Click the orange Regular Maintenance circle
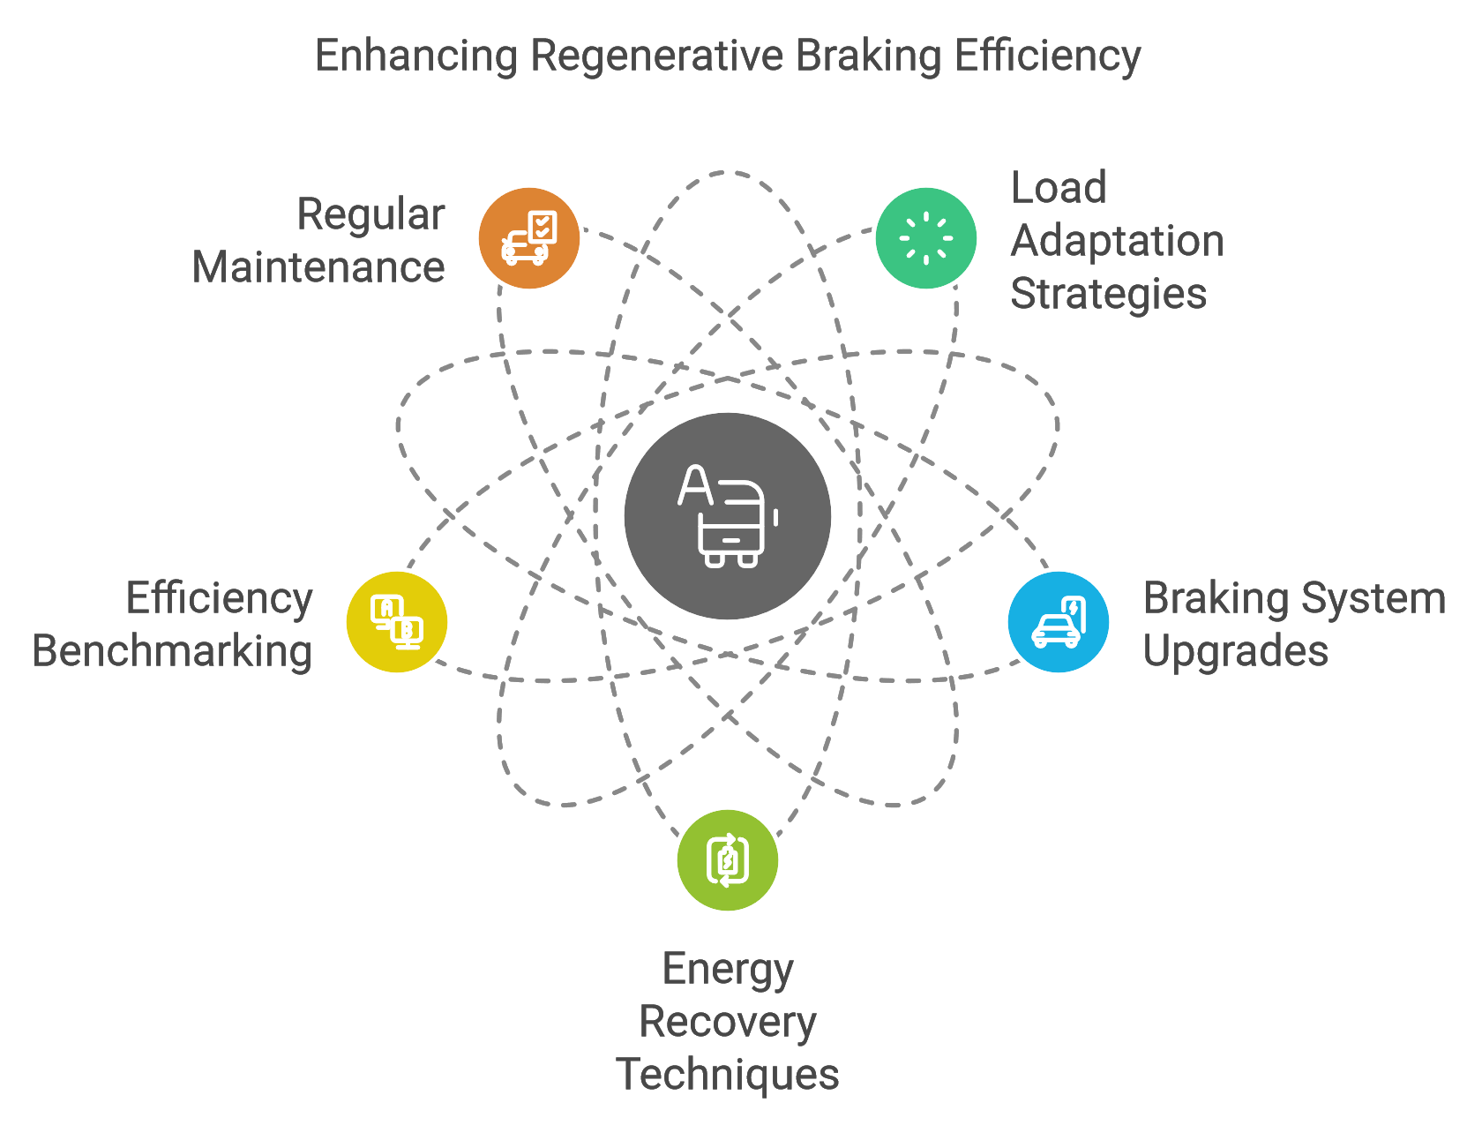pos(529,238)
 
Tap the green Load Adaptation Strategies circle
pos(925,238)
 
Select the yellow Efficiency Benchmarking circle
pos(397,622)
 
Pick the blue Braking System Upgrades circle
pos(1059,622)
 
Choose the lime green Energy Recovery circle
pos(728,860)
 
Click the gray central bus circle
pos(728,516)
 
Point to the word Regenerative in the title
pos(657,56)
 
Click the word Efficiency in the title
pos(1047,56)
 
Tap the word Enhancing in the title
pos(416,56)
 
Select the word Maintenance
pos(318,267)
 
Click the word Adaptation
pos(1118,242)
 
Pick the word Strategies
pos(1109,295)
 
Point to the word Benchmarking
pos(172,652)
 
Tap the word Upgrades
pos(1236,652)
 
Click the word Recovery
pos(728,1022)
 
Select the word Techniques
pos(728,1075)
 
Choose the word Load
pos(1059,188)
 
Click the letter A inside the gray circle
pos(695,484)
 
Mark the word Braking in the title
pos(868,56)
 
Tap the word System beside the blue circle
pos(1373,600)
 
